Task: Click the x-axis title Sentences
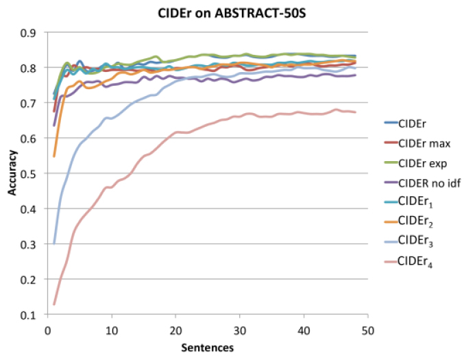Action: tap(207, 348)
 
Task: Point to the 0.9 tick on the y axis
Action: tap(30, 33)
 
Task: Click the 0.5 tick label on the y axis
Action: tap(30, 174)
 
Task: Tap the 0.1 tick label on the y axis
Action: tap(30, 315)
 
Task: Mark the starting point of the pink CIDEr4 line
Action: tap(54, 304)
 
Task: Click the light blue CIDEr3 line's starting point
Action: tap(54, 243)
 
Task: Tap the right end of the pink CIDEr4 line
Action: tap(355, 112)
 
